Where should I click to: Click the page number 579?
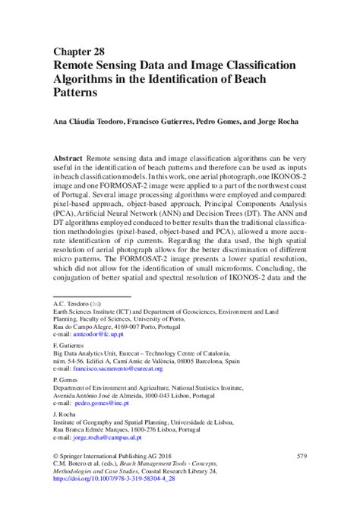pos(301,473)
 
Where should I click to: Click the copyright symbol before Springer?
pos(55,473)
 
